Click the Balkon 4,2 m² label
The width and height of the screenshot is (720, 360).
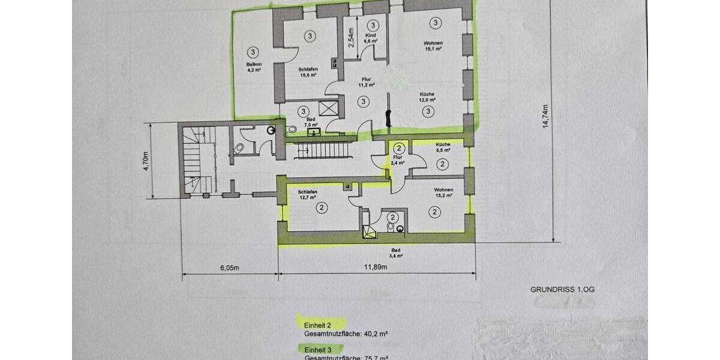coord(253,67)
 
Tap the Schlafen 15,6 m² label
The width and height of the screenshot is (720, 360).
coord(308,73)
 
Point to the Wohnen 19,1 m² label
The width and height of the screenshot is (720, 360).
coord(433,46)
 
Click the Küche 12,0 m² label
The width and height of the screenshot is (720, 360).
coord(427,97)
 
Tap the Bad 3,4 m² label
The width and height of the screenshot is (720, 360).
coord(395,253)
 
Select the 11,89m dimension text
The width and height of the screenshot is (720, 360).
coord(377,268)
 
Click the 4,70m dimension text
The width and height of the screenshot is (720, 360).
coord(146,161)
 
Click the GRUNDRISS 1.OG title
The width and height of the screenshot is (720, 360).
coord(562,289)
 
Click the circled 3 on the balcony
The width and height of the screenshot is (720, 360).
coord(253,52)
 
